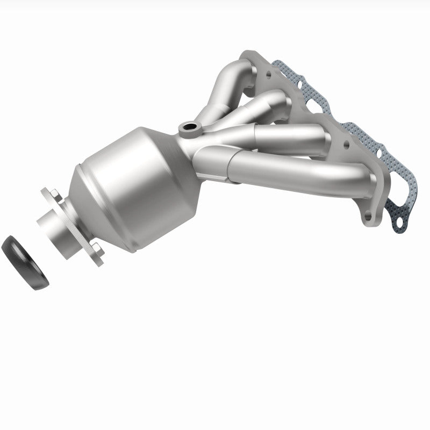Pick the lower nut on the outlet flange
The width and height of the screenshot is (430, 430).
click(x=96, y=248)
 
